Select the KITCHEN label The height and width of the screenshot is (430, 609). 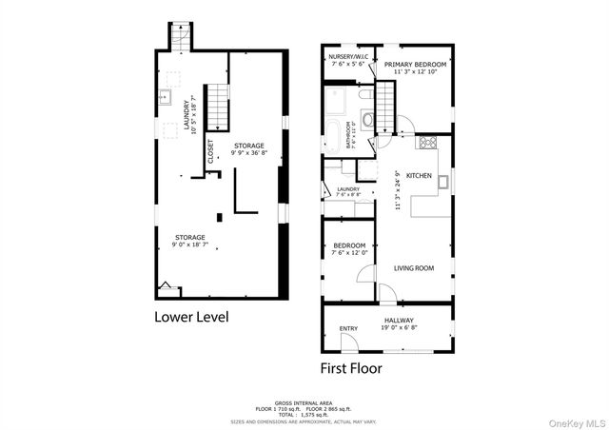[419, 176]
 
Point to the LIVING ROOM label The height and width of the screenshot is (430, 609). [414, 268]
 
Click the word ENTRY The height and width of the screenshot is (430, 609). [349, 330]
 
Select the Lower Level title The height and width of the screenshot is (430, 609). [191, 316]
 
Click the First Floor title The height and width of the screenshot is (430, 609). [356, 365]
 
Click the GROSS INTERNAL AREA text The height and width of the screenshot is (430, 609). [303, 402]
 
